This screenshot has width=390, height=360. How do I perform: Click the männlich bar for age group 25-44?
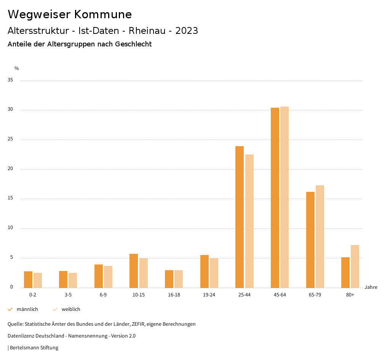click(240, 217)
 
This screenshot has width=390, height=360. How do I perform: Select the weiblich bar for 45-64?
click(285, 197)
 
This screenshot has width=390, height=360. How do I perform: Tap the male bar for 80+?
click(345, 272)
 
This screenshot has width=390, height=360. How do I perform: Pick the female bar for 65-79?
click(320, 236)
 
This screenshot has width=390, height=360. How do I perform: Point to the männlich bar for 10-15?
click(134, 271)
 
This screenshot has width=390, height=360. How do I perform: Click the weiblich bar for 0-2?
click(38, 280)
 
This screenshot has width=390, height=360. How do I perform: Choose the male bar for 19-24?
click(205, 271)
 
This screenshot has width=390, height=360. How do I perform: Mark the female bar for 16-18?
click(179, 279)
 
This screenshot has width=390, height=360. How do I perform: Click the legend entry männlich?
click(27, 309)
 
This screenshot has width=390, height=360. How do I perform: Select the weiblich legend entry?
click(71, 309)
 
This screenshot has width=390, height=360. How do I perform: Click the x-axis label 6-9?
click(103, 295)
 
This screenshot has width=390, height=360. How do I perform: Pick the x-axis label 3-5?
click(68, 295)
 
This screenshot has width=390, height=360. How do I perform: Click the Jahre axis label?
click(371, 287)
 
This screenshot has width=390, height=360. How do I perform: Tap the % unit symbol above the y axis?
click(17, 68)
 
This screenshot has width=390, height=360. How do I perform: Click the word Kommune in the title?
click(103, 14)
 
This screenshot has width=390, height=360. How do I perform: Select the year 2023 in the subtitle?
click(187, 31)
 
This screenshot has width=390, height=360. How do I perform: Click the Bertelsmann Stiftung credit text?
click(34, 348)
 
